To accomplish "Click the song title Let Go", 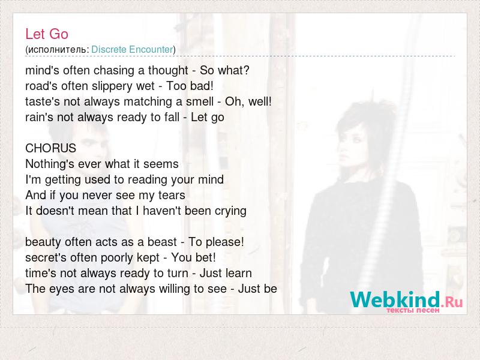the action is coord(47,34).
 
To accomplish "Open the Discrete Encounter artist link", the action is coord(132,50).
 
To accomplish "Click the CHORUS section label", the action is coord(50,148).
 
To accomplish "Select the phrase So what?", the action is coord(224,70).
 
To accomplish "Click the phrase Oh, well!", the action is coord(248,101).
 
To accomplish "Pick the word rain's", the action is coord(35,117).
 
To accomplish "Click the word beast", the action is coord(162,242).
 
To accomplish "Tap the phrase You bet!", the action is coord(193,257).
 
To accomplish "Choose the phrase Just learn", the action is coord(226,273).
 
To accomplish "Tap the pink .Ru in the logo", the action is coord(452,302).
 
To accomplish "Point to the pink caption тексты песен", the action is coord(413,310).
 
